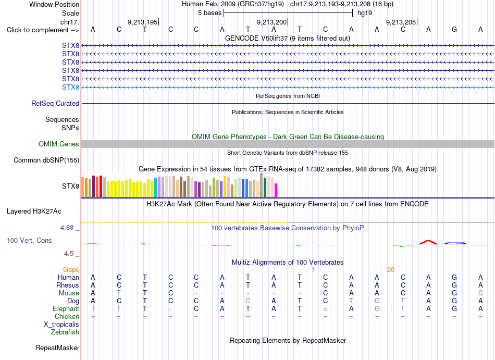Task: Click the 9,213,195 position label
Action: [142, 22]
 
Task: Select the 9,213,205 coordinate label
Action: [401, 22]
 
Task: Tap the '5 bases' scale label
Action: [210, 13]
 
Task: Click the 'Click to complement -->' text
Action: [43, 30]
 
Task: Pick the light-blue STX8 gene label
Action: [70, 87]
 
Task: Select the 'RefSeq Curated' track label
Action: [55, 103]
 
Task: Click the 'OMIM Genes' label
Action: [59, 144]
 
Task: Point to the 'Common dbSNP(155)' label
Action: [46, 160]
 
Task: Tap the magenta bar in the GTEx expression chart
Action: [276, 190]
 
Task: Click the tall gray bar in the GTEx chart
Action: [262, 185]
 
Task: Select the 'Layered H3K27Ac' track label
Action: [34, 211]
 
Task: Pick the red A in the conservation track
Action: [428, 242]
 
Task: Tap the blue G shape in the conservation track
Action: [454, 243]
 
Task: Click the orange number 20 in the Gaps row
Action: [390, 269]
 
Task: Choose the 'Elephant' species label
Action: [66, 308]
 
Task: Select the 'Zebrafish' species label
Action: [65, 332]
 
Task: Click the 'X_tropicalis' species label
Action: [61, 325]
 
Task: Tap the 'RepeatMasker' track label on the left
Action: [57, 347]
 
